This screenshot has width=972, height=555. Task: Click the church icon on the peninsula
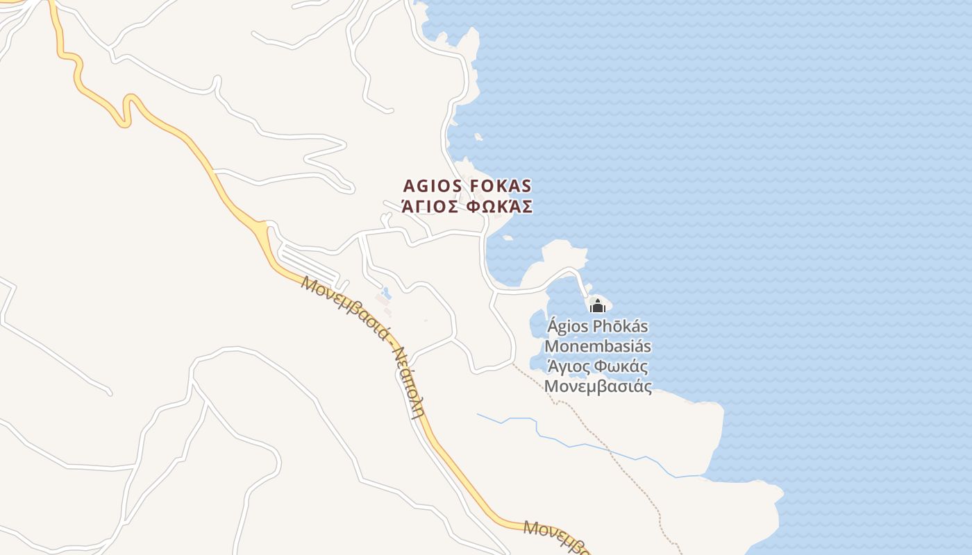[x=598, y=305]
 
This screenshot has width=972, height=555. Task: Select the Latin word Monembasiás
[x=598, y=346]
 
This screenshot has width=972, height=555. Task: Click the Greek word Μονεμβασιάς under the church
[x=598, y=386]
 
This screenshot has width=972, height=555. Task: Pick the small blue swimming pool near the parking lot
[x=387, y=293]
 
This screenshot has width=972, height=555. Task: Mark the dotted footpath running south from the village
[x=611, y=451]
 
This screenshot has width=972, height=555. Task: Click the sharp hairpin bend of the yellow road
[x=126, y=111]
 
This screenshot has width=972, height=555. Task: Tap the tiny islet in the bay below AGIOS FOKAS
[x=508, y=238]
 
